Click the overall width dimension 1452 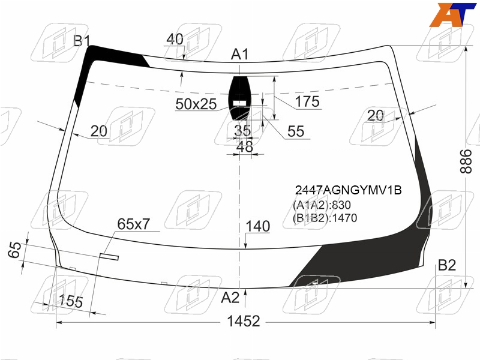pyautogui.click(x=244, y=322)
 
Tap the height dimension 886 pyautogui.click(x=466, y=161)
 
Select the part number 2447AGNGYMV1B pyautogui.click(x=348, y=190)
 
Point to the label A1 pyautogui.click(x=239, y=54)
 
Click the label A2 pyautogui.click(x=230, y=297)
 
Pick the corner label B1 pyautogui.click(x=82, y=40)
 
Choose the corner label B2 pyautogui.click(x=447, y=265)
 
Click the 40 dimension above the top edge pyautogui.click(x=175, y=39)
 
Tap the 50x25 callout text pyautogui.click(x=196, y=104)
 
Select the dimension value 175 pyautogui.click(x=307, y=101)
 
